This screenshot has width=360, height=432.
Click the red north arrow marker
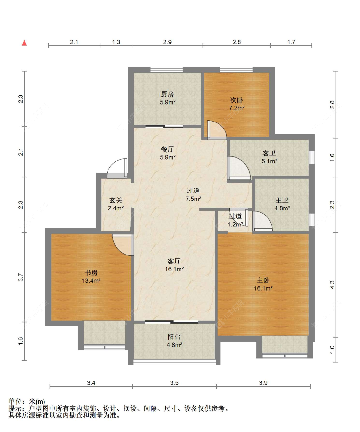24,43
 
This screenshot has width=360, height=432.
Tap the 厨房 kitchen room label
167,94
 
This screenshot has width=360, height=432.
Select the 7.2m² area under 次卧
237,108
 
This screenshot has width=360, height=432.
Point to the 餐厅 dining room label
167,149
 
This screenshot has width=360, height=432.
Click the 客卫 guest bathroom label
269,153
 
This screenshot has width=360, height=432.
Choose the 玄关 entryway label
116,200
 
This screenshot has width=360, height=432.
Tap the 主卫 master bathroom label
282,200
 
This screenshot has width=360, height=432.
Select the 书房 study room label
91,273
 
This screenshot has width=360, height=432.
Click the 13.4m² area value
91,281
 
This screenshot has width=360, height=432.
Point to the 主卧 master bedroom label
263,280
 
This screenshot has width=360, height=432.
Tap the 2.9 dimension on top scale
167,42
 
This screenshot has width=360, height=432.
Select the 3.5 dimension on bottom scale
174,383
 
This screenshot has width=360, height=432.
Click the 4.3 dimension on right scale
332,285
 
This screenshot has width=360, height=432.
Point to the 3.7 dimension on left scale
21,277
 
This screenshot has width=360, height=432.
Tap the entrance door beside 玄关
117,168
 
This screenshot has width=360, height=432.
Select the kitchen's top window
167,70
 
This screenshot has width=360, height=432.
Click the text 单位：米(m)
27,402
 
